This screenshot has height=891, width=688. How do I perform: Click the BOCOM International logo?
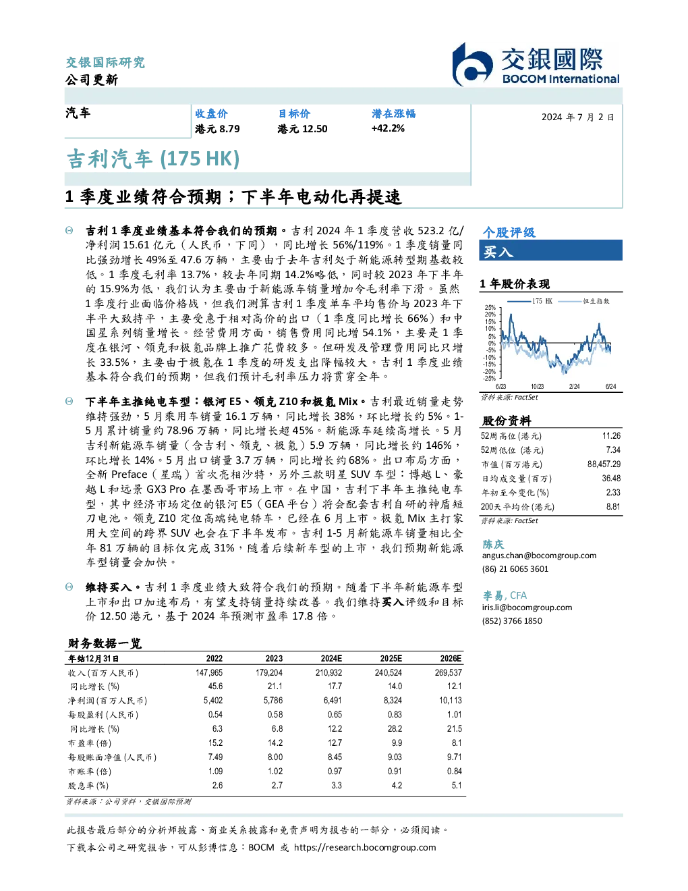536,64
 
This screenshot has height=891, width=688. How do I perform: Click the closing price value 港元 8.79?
217,129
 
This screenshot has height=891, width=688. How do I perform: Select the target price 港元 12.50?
302,129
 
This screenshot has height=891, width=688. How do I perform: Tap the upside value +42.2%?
388,128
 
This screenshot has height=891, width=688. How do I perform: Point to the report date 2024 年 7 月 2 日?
577,117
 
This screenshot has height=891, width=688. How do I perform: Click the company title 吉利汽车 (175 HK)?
153,159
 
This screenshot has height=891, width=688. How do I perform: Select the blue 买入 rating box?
550,250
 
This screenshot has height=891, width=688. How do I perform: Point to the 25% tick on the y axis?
490,307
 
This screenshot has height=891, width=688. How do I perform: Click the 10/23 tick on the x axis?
537,386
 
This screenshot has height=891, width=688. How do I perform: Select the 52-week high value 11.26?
611,435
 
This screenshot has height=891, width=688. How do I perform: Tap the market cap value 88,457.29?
604,464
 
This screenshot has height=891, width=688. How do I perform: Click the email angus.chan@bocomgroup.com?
539,555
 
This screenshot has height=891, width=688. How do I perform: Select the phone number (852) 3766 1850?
512,620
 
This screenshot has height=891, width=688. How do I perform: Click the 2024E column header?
331,658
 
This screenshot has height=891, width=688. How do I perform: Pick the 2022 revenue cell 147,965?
209,672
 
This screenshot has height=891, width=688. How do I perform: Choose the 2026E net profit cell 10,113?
451,701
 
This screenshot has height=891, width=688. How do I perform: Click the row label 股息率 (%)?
88,785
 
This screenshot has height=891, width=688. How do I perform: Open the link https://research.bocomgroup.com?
365,847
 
